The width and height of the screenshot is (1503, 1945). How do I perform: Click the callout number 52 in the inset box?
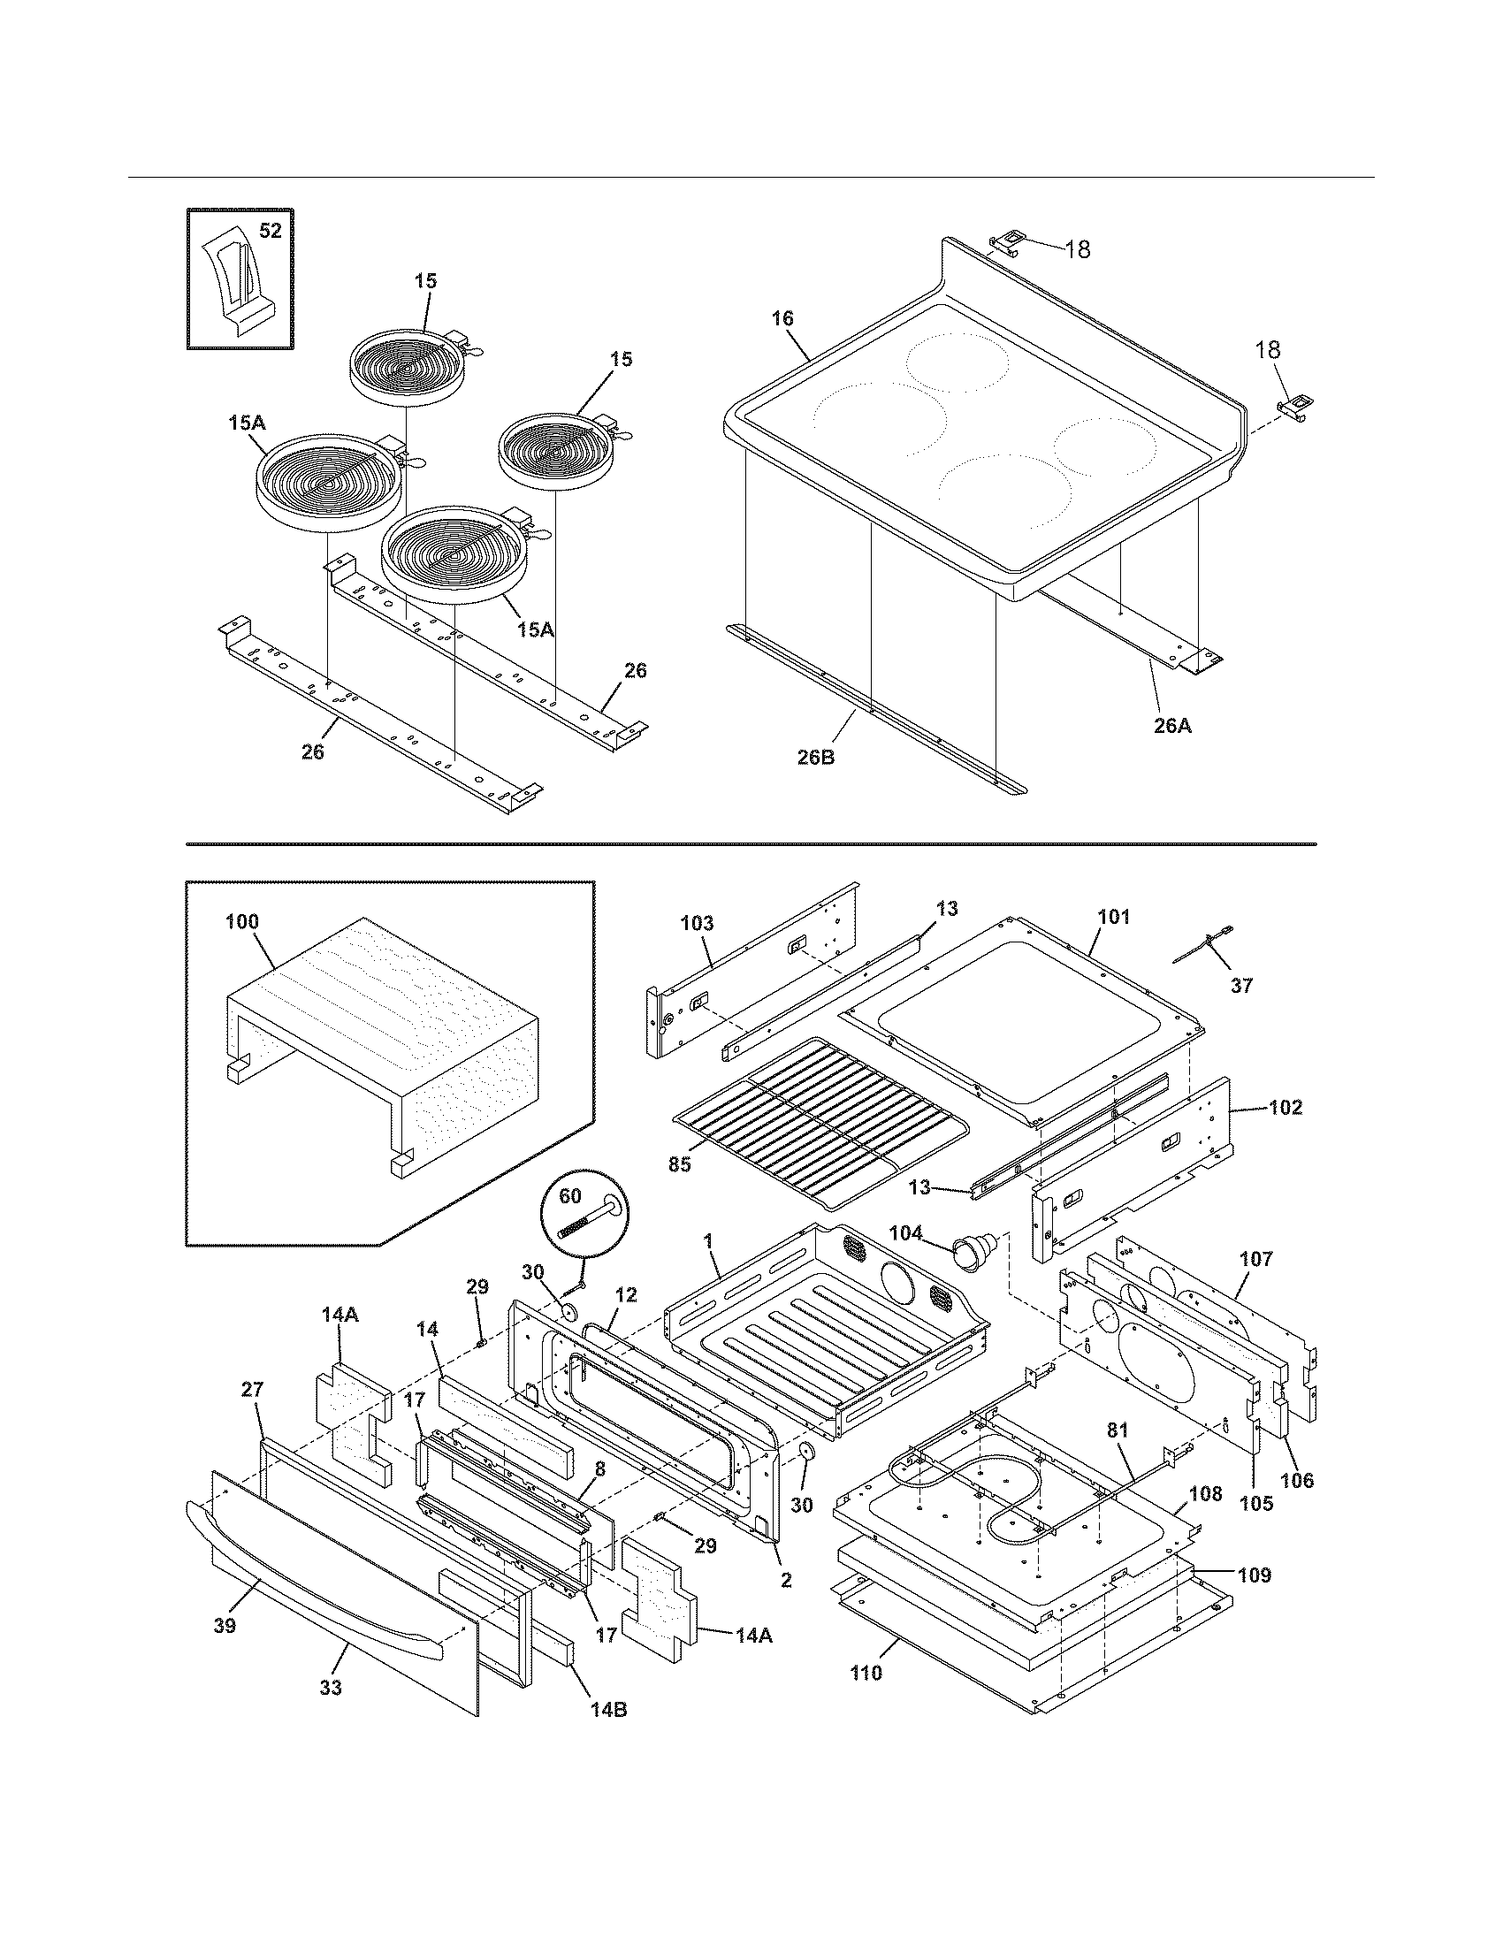pos(270,231)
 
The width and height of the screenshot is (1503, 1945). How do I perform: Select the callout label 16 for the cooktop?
pos(782,319)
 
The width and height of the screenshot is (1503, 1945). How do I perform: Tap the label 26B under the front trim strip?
pos(815,759)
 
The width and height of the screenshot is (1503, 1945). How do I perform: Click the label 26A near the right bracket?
pos(1171,726)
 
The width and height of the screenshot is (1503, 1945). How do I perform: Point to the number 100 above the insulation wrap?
pos(241,921)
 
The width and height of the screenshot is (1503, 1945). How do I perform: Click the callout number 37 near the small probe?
pos(1241,986)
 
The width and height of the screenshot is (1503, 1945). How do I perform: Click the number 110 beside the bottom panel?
pos(866,1673)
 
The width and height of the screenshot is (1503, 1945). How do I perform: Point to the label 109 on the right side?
pos(1254,1575)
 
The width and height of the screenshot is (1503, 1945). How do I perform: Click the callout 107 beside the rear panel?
pos(1255,1259)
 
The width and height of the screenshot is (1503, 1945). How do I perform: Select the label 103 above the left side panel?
pos(697,924)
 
